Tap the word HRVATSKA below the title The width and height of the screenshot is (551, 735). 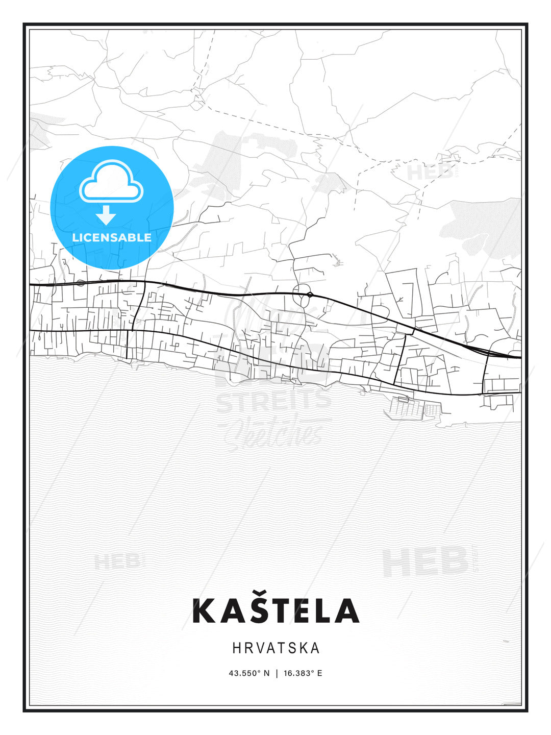(275, 648)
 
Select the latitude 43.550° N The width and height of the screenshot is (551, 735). (248, 673)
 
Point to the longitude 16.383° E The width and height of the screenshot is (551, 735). (303, 673)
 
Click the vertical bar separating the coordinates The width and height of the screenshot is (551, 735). (276, 673)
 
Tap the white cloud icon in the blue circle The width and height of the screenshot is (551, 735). (112, 181)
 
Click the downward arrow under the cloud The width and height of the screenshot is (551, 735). (106, 215)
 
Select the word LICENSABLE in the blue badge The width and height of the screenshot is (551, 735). (112, 237)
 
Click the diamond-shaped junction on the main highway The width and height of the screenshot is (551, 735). (310, 295)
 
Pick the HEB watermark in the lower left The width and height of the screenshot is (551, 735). (117, 562)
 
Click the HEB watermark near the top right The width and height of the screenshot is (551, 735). (430, 172)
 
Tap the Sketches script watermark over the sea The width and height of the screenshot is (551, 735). (275, 431)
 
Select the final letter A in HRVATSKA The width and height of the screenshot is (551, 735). (315, 648)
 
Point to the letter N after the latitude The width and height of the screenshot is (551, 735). (266, 673)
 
